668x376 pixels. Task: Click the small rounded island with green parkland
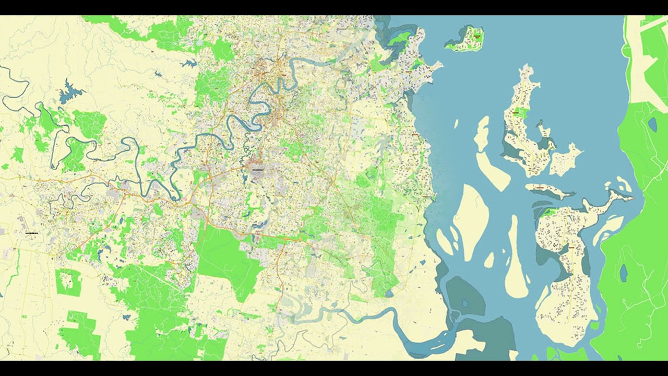[x=466, y=40]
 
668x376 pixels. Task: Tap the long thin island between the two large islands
[x=548, y=190]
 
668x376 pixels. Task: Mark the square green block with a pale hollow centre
[x=68, y=283]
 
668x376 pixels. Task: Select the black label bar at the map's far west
[x=31, y=232]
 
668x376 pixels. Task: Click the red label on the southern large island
[x=571, y=247]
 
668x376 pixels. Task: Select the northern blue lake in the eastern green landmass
[x=652, y=124]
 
